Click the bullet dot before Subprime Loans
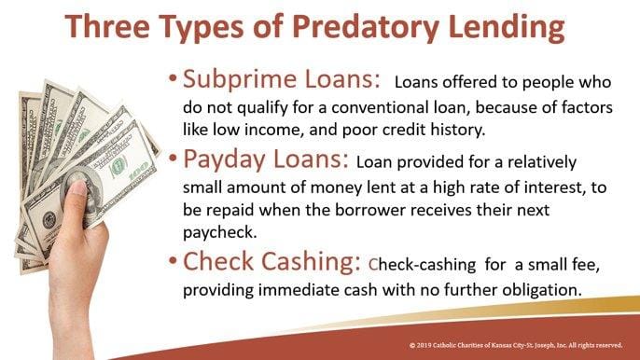(x=173, y=78)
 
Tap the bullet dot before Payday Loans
(x=173, y=163)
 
